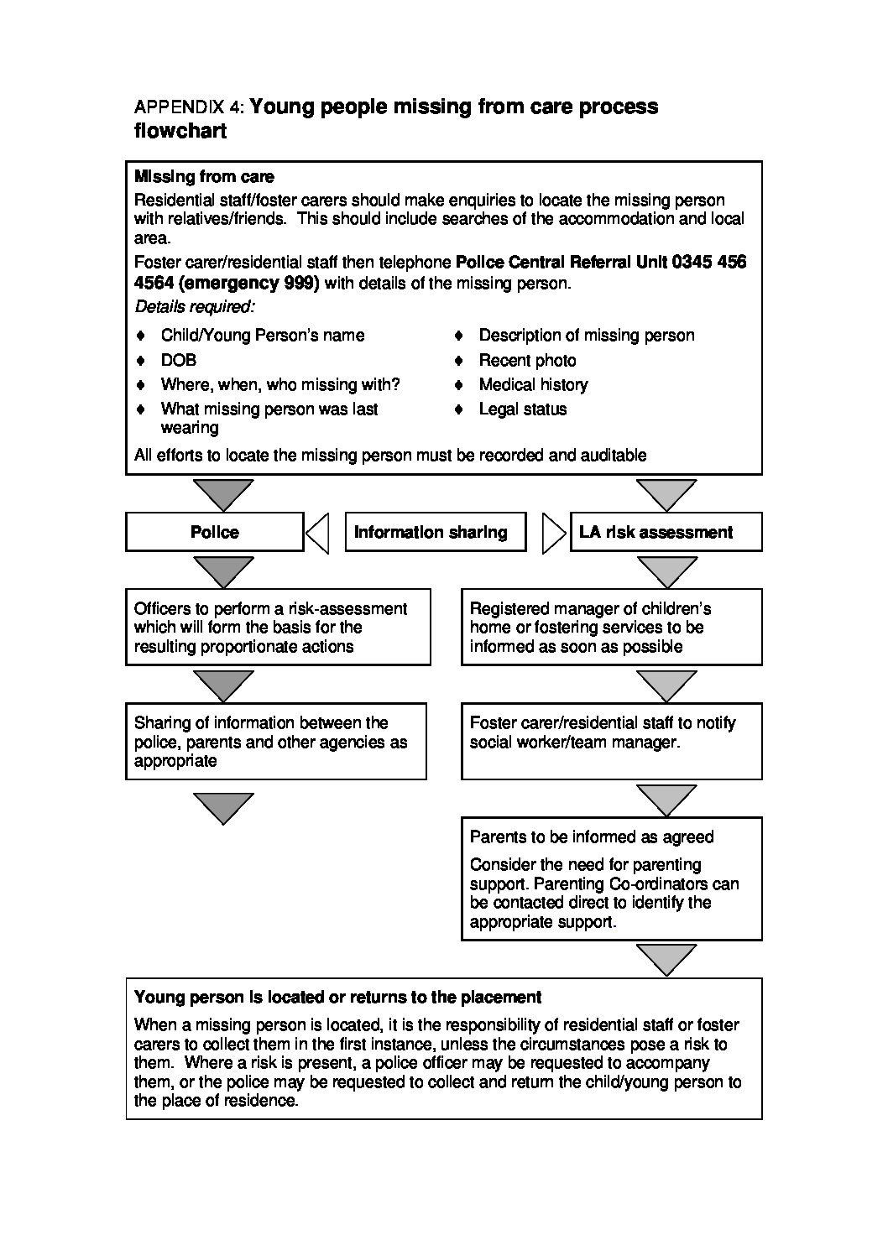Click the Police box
tap(214, 532)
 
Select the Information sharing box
tap(435, 532)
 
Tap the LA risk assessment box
tap(666, 532)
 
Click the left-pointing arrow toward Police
tap(318, 533)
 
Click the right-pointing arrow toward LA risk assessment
tap(554, 533)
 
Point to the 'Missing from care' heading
tap(204, 177)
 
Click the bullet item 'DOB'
tap(179, 360)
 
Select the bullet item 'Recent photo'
tap(527, 360)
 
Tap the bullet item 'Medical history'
tap(533, 384)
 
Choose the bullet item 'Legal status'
tap(522, 409)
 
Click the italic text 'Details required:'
tap(195, 306)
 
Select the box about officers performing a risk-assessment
tap(278, 627)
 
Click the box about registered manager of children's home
tap(611, 627)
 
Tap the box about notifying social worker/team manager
tap(611, 741)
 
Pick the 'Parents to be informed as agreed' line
tap(591, 836)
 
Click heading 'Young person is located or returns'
tap(337, 997)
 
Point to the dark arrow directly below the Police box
tap(223, 571)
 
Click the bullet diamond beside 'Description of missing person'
tap(459, 336)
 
